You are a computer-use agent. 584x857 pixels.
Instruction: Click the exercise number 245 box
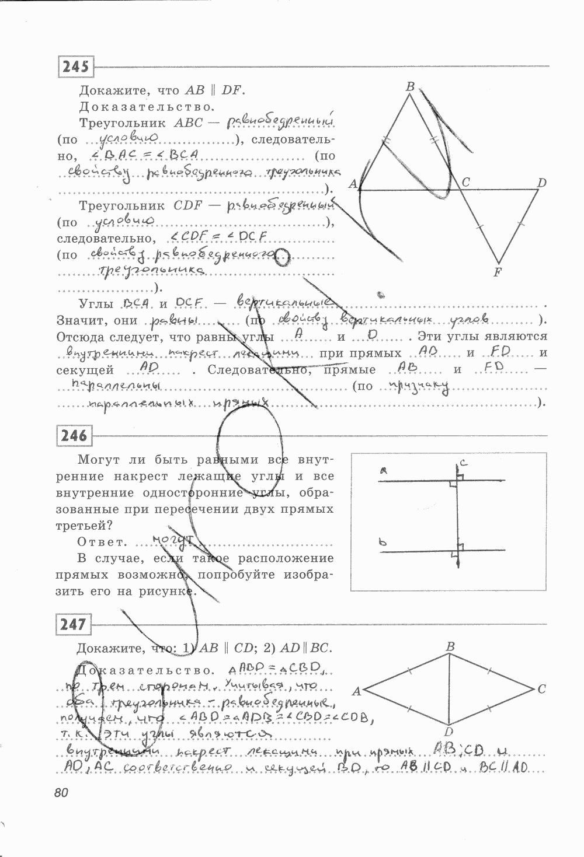(76, 67)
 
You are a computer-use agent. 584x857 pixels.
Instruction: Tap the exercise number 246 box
(74, 435)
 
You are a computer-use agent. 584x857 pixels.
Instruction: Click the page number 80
(61, 793)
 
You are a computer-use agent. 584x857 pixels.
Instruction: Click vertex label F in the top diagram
(498, 272)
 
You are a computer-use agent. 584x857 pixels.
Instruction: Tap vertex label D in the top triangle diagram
(541, 183)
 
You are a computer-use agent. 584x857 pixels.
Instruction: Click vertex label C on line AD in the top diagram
(465, 183)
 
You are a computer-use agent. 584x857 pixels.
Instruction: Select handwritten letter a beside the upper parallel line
(383, 470)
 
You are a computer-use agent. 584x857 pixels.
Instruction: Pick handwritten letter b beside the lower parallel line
(383, 543)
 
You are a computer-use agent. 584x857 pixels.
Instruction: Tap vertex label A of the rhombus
(356, 691)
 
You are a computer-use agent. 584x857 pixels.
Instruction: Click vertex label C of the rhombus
(541, 689)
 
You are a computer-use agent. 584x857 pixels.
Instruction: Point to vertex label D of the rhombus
(449, 732)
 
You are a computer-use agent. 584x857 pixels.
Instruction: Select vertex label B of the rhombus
(450, 646)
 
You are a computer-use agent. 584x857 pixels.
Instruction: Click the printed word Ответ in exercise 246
(102, 541)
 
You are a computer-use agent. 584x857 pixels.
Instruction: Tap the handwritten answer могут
(173, 540)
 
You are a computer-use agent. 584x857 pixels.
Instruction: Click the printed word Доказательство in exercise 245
(147, 107)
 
